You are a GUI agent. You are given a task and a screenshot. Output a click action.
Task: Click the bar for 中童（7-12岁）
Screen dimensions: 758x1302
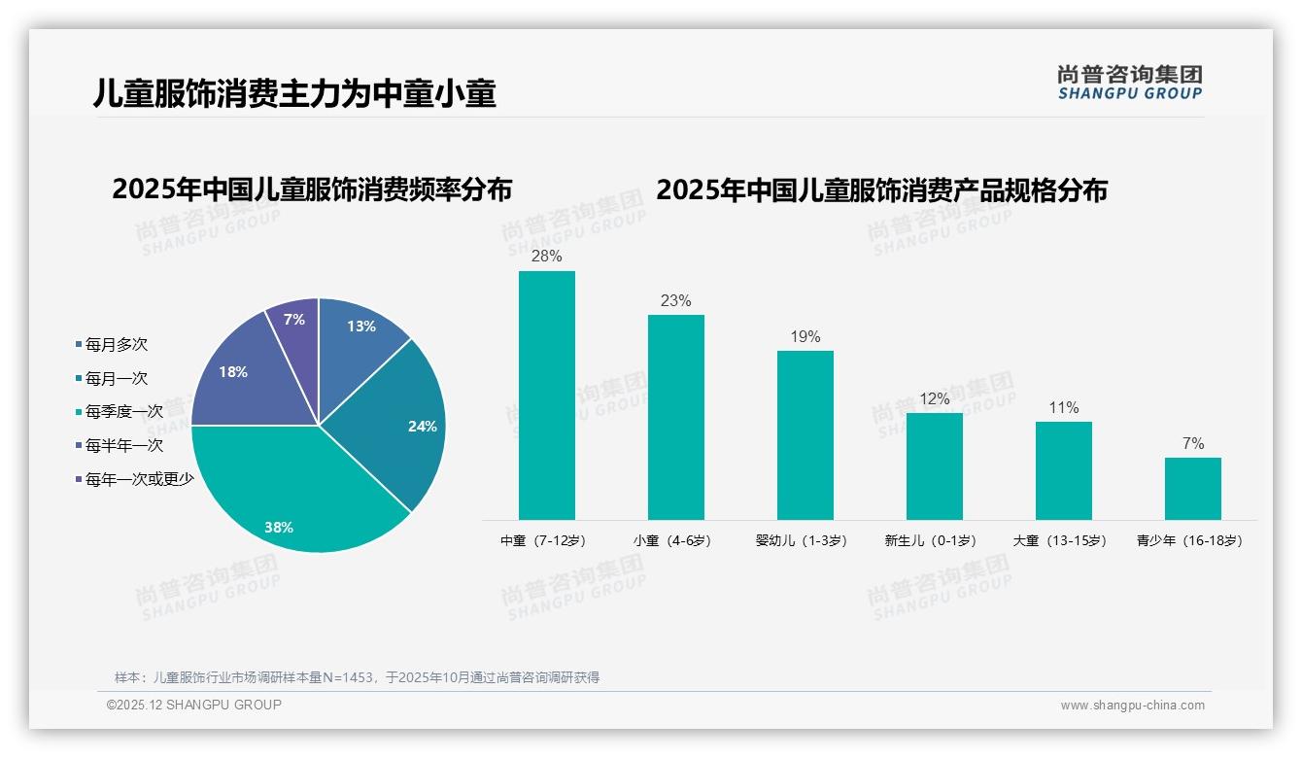coord(546,396)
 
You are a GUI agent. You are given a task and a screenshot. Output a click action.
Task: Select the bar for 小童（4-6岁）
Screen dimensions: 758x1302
coord(675,417)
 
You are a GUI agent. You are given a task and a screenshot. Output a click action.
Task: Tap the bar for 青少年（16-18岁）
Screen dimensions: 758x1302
coord(1192,489)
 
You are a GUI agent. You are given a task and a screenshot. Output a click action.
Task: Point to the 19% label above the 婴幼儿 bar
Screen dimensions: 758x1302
coord(805,337)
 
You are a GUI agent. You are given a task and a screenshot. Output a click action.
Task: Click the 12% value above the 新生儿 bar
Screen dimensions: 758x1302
coord(934,399)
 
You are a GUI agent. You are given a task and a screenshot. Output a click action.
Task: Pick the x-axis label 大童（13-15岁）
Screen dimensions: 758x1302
coord(1059,540)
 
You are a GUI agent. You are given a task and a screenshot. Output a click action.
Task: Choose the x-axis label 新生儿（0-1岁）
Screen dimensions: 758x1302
coord(930,540)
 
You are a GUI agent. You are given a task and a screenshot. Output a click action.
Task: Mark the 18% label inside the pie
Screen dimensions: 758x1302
coord(233,372)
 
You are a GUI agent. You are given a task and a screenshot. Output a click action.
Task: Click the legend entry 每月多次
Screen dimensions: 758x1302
coord(116,345)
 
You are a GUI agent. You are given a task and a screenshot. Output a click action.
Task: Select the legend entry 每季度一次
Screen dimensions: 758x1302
coord(123,412)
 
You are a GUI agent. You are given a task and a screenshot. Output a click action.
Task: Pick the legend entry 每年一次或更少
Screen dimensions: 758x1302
coord(139,479)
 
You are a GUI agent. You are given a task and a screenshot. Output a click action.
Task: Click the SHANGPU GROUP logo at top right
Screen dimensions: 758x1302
coord(1129,83)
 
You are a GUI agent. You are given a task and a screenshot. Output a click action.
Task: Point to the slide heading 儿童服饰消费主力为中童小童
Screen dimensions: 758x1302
coord(294,93)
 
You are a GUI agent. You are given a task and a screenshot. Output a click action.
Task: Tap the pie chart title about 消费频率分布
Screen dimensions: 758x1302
coord(312,189)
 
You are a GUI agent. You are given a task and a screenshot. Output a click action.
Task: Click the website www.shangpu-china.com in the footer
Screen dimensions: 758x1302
coord(1132,706)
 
